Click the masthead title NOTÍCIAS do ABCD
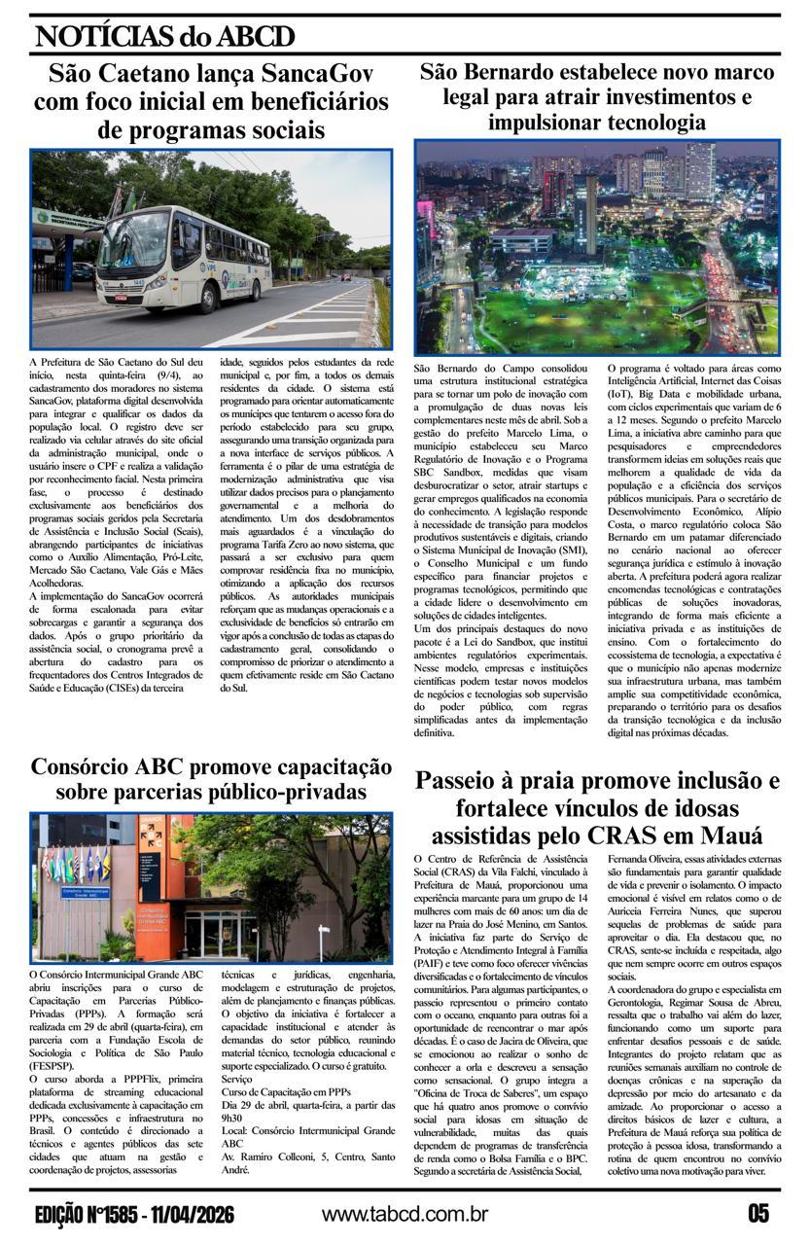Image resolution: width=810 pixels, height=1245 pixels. coord(164,37)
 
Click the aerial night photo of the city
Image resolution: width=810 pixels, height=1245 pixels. coord(596,248)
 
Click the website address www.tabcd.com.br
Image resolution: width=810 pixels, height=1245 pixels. coord(405,1214)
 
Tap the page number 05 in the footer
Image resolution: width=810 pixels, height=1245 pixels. coord(758,1214)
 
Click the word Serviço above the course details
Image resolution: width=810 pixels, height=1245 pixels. coord(237,1080)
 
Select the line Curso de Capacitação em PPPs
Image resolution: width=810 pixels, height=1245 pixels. coord(286,1093)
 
